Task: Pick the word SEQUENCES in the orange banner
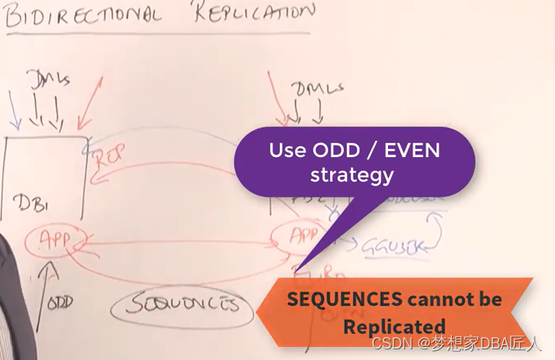tap(339, 299)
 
